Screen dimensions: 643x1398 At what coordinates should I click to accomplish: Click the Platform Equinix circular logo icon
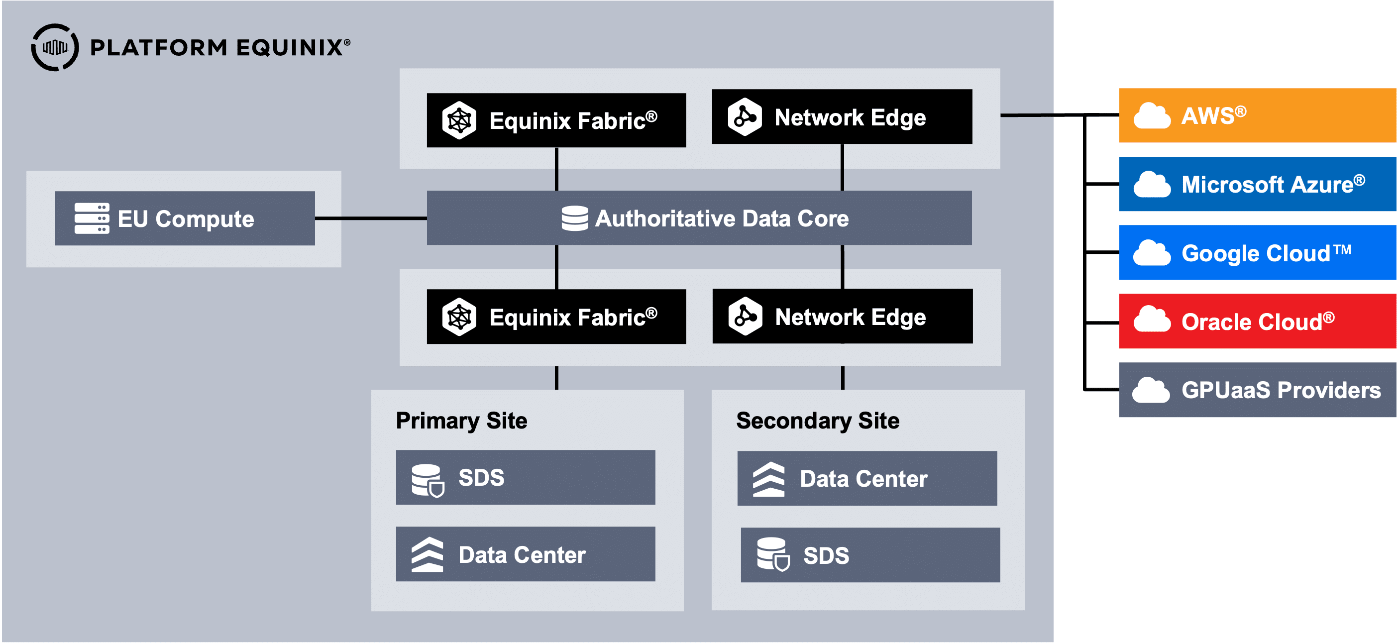click(x=55, y=47)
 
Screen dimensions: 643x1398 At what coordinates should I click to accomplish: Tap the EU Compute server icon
click(x=92, y=218)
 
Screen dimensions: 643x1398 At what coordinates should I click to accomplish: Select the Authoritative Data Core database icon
click(x=575, y=218)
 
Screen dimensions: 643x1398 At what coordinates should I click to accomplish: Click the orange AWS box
click(x=1257, y=115)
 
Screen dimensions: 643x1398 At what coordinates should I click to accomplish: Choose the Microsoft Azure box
click(x=1257, y=184)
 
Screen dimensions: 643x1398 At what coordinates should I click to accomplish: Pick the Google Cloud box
click(x=1257, y=252)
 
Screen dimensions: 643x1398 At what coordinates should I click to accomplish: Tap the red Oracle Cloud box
click(x=1257, y=321)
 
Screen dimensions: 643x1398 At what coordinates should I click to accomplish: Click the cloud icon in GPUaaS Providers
click(x=1151, y=390)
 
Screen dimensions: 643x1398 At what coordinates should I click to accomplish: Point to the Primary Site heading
click(x=461, y=421)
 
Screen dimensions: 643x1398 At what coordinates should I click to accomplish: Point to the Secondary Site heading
click(x=817, y=421)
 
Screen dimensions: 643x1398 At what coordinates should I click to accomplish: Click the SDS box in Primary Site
click(x=526, y=477)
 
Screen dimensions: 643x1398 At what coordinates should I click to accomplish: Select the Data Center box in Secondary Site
click(x=866, y=479)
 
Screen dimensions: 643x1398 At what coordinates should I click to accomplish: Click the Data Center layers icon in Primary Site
click(x=428, y=554)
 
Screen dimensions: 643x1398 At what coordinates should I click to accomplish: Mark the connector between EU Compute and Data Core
click(x=371, y=218)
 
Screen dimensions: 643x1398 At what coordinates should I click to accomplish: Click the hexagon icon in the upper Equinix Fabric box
click(x=459, y=120)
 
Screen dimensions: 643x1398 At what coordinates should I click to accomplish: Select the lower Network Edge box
click(x=842, y=317)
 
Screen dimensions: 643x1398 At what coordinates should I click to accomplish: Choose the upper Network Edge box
click(x=842, y=116)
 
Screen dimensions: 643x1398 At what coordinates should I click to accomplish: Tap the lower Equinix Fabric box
click(x=556, y=317)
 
